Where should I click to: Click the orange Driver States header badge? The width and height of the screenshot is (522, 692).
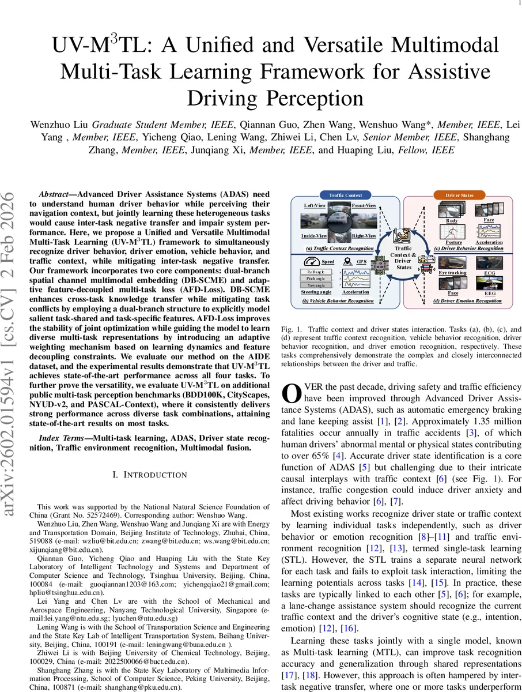pyautogui.click(x=459, y=195)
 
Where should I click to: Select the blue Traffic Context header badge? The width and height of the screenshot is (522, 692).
pyautogui.click(x=346, y=195)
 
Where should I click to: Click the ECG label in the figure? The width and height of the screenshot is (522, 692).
pyautogui.click(x=489, y=273)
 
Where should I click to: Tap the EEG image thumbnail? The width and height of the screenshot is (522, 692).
pyautogui.click(x=489, y=283)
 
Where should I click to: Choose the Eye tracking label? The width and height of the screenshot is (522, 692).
pyautogui.click(x=452, y=272)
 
